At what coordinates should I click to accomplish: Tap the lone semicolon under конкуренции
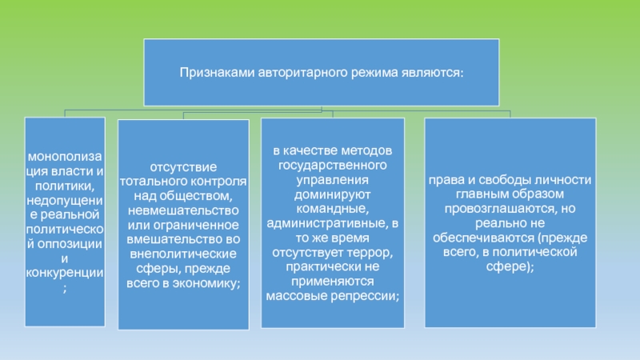65,288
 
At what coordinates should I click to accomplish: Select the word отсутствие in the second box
183,166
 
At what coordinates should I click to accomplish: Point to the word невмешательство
183,209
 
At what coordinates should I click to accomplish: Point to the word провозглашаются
482,209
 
